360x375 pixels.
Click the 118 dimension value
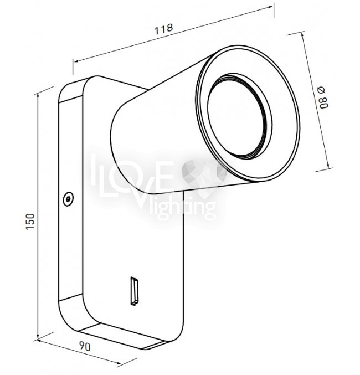[x=163, y=29]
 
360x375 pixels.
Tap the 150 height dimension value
[x=30, y=222]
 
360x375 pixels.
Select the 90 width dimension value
[x=85, y=347]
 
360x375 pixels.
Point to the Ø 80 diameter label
[x=323, y=97]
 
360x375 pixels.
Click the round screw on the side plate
[x=68, y=199]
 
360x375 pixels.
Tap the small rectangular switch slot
[x=134, y=291]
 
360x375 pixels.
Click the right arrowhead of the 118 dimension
[x=270, y=7]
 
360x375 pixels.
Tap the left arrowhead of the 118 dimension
[x=76, y=61]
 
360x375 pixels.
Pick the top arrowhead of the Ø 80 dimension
[x=302, y=35]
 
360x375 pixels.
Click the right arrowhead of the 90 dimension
[x=119, y=363]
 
